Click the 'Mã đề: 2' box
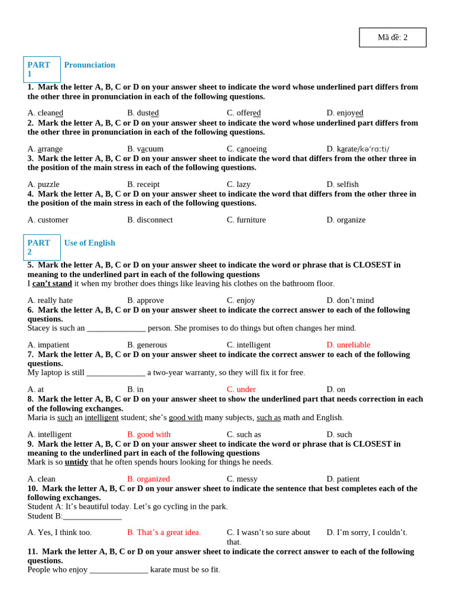coord(393,37)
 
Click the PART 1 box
coord(41,69)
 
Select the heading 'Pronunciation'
coord(89,65)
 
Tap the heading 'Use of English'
coord(89,243)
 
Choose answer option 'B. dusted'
coord(142,113)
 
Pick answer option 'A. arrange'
coord(45,149)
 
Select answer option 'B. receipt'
coord(143,184)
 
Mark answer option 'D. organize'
coord(346,220)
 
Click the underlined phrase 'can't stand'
coord(52,283)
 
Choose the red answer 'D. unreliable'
coord(348,344)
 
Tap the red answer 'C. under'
coord(241,389)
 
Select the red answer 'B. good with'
coord(149,434)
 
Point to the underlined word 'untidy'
coord(76,462)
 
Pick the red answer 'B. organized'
coord(148,479)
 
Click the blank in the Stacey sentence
coord(116,328)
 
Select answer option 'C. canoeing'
coord(247,149)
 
